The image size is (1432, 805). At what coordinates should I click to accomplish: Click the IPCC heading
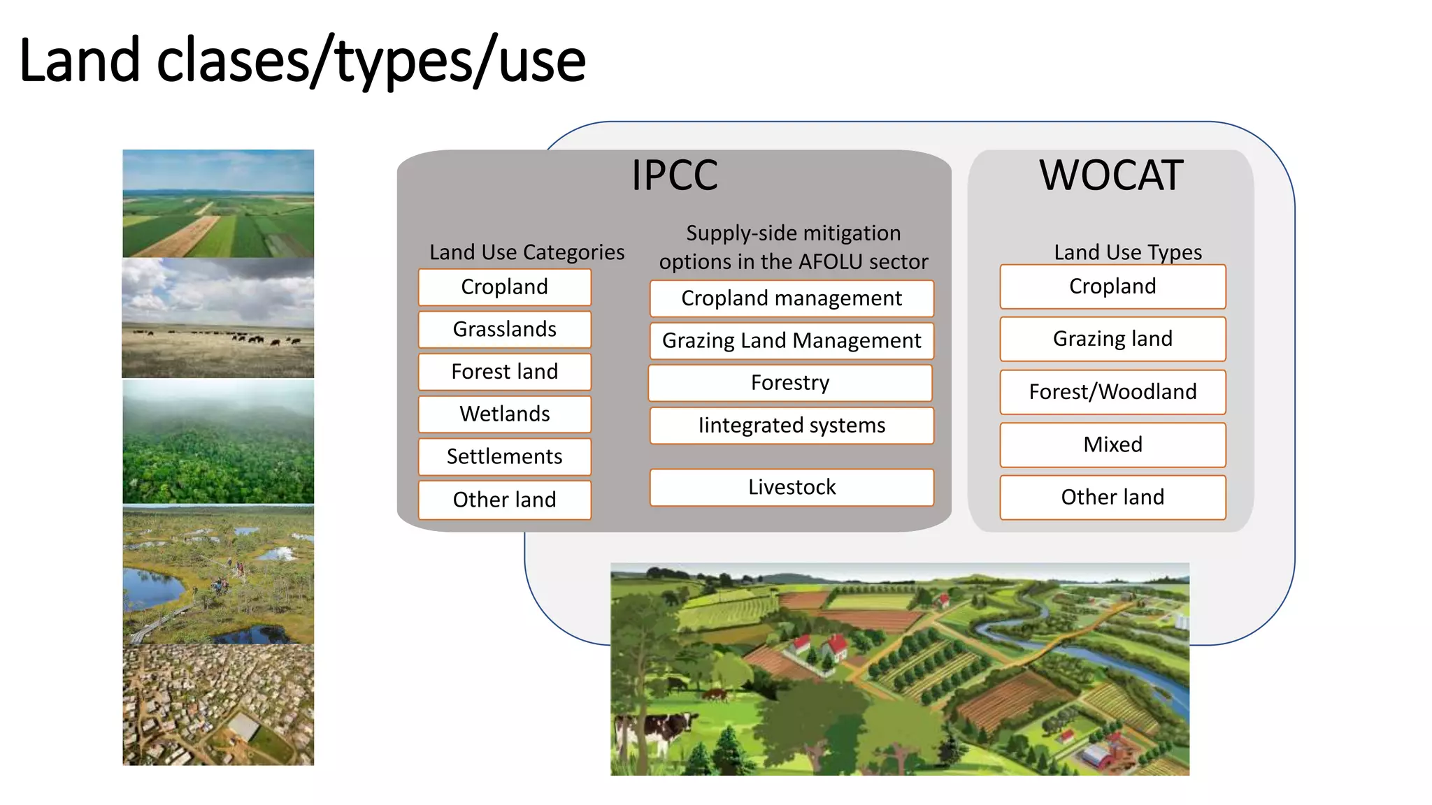[x=675, y=175]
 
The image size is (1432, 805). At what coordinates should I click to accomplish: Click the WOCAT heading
[x=1111, y=175]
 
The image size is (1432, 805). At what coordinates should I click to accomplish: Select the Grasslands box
[x=504, y=329]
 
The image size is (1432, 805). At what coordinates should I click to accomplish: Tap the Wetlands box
[x=504, y=414]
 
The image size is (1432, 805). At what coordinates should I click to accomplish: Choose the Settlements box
[x=504, y=456]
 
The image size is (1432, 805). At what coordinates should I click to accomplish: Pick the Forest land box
[x=504, y=371]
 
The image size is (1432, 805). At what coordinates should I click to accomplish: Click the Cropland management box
[x=792, y=298]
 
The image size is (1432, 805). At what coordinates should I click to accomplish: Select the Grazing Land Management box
[x=792, y=340]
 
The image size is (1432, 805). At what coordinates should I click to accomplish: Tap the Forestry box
[x=790, y=383]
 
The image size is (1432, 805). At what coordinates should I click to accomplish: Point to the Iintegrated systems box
[x=792, y=426]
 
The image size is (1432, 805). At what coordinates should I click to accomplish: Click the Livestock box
[x=792, y=487]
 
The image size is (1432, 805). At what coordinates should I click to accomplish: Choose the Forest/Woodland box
[x=1112, y=392]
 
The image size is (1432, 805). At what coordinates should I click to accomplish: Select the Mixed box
[x=1112, y=444]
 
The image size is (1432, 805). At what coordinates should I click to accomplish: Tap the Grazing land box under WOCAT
[x=1112, y=339]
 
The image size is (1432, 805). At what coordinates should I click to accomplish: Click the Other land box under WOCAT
[x=1112, y=497]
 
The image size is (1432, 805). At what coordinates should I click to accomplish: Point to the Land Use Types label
[x=1128, y=252]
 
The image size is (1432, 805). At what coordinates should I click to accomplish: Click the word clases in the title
[x=234, y=61]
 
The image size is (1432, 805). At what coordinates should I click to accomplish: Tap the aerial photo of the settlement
[x=218, y=704]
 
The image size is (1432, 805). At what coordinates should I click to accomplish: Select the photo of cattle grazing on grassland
[x=218, y=318]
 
